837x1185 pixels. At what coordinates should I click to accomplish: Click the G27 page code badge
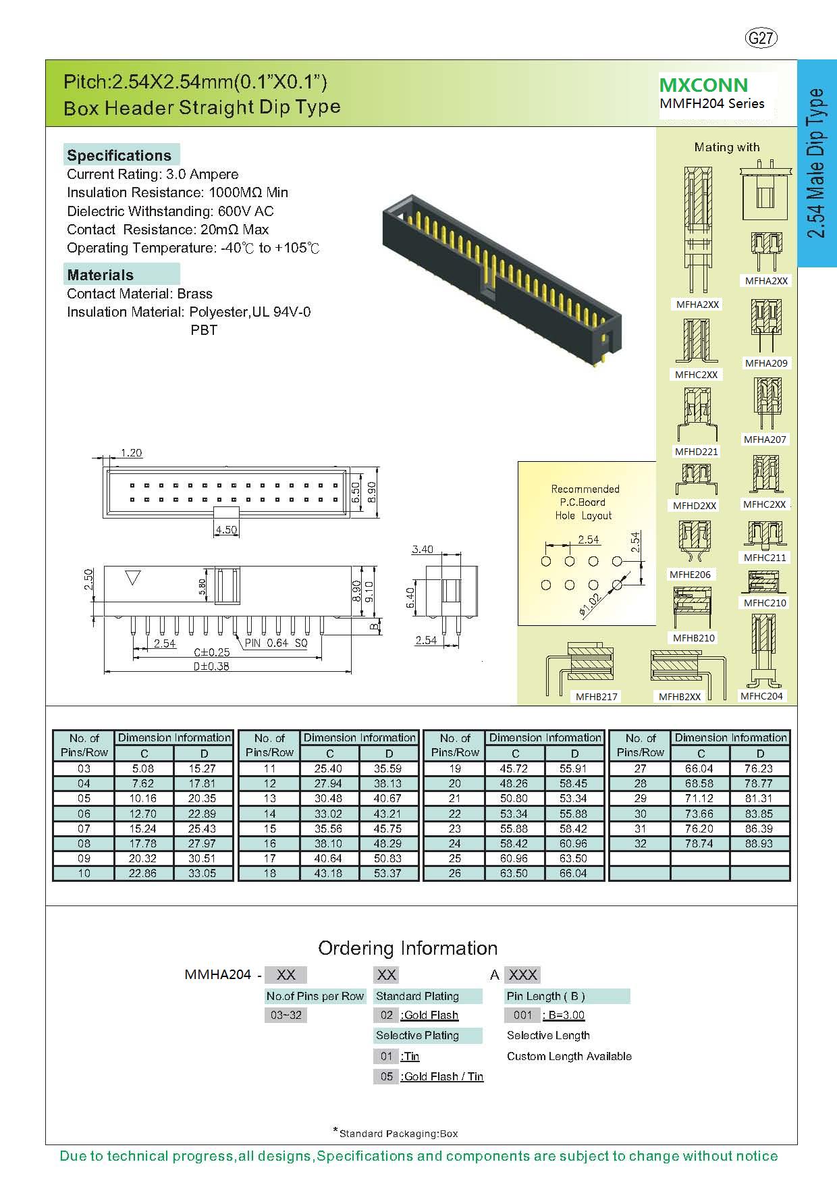point(761,38)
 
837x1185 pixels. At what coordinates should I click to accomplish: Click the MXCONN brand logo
point(703,85)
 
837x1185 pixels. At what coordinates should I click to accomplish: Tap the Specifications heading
point(119,155)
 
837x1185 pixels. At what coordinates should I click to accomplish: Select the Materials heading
point(101,275)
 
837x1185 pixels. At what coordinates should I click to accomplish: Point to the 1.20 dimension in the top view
point(131,452)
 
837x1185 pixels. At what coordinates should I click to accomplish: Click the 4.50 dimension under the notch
point(226,529)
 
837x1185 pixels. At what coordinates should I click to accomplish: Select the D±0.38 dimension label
point(211,666)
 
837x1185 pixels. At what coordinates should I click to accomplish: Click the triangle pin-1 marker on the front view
point(133,578)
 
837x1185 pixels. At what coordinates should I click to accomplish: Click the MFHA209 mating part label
point(766,363)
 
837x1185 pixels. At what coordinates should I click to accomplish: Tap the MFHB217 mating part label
point(597,697)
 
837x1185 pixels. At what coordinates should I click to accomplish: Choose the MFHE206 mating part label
point(690,575)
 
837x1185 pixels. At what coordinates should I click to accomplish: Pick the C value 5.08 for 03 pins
point(143,768)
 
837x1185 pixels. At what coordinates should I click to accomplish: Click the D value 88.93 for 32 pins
point(759,843)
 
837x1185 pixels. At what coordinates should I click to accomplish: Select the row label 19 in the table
point(455,768)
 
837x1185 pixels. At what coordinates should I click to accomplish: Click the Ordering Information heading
point(408,948)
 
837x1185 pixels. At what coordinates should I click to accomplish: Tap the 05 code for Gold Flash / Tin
point(386,1076)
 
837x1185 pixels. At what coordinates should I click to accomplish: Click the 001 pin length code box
point(522,1015)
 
